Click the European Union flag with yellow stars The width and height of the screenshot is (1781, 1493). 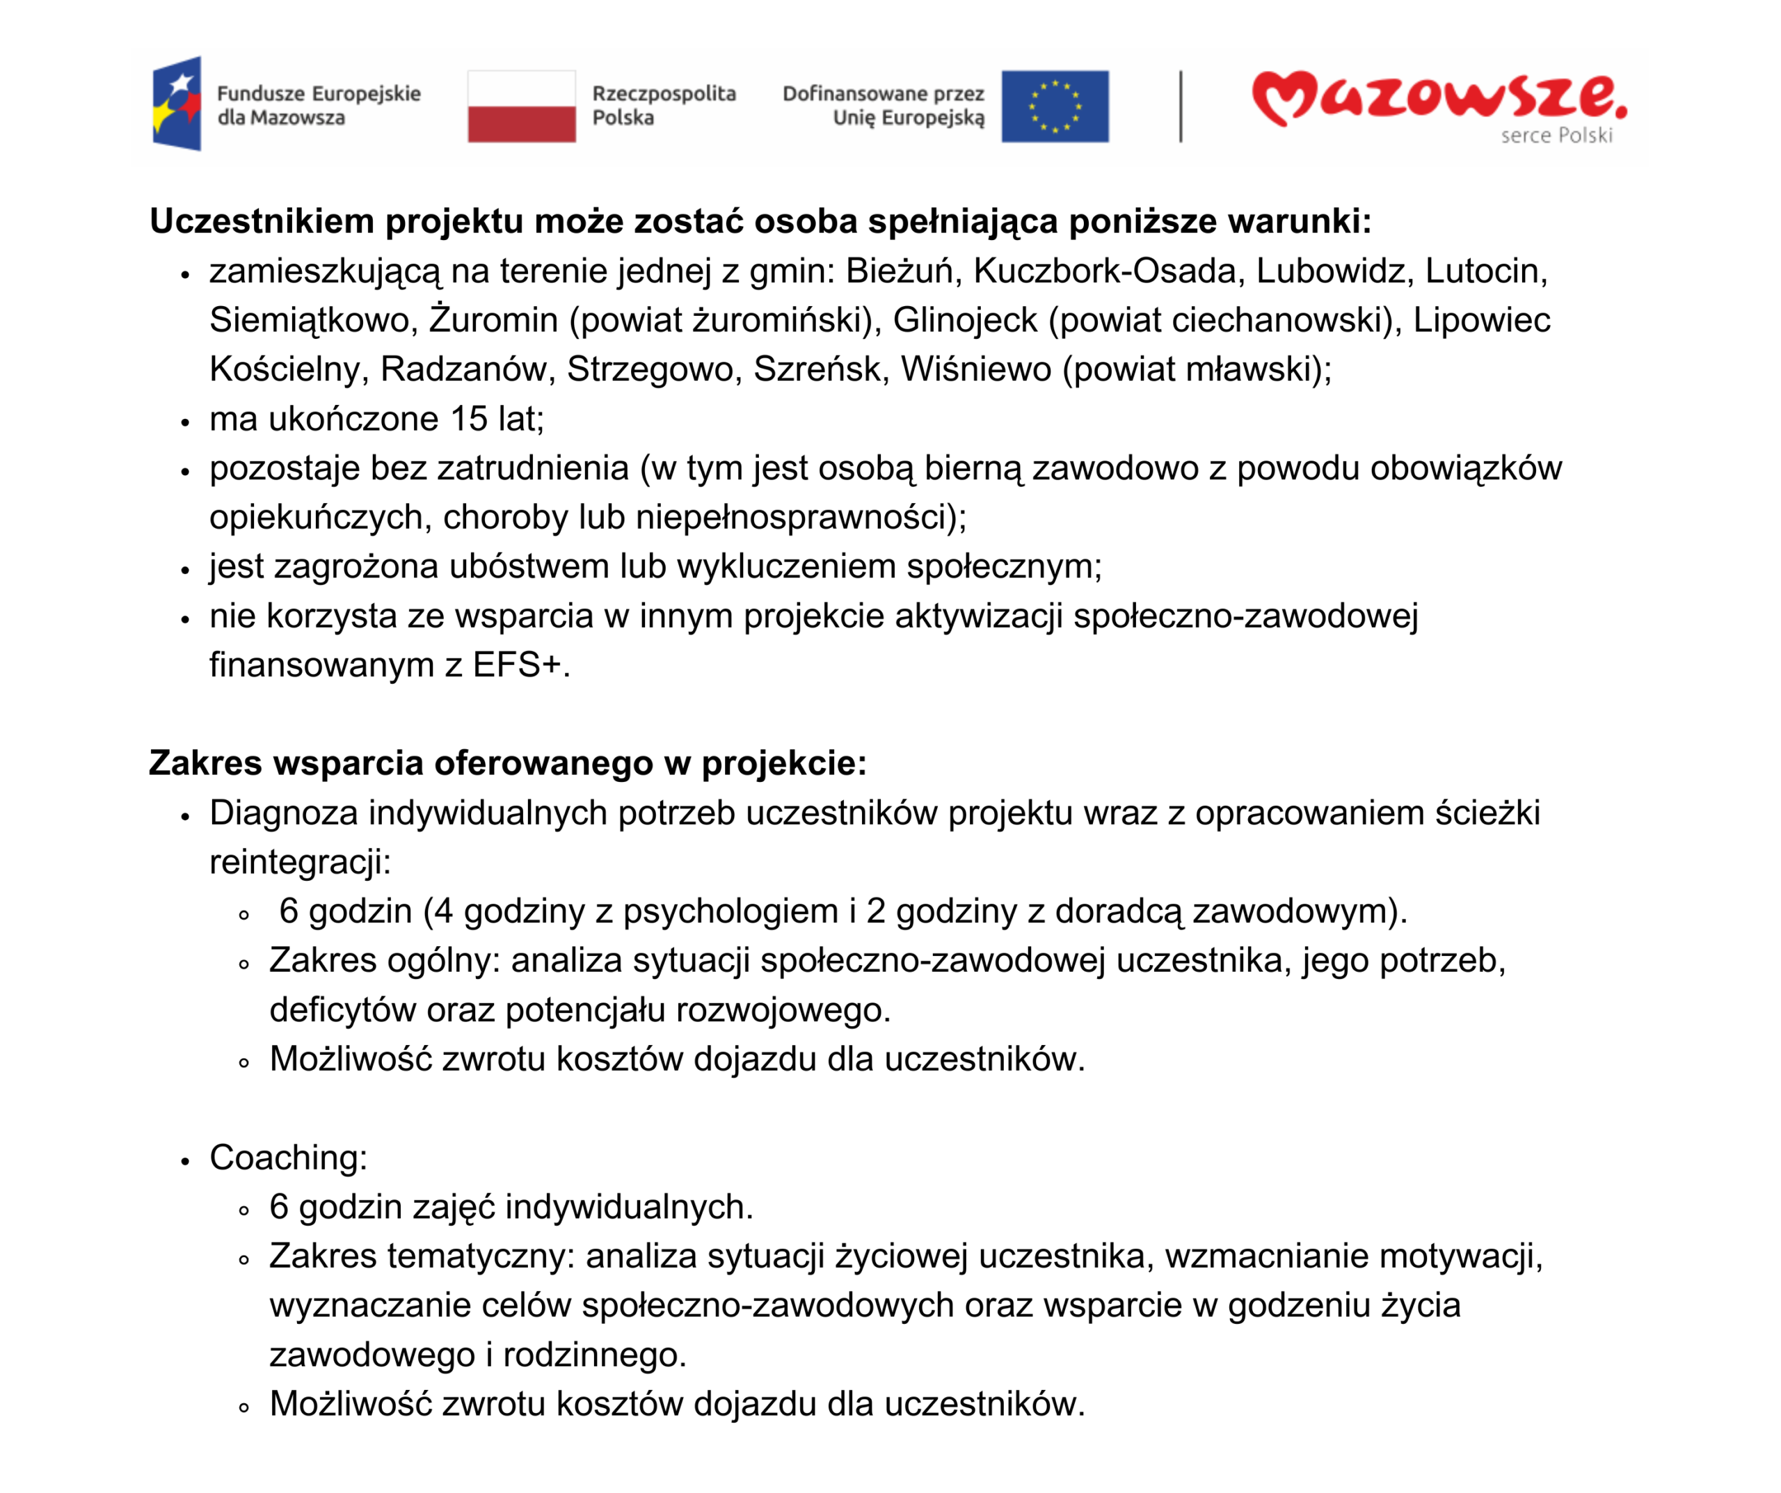pos(1054,106)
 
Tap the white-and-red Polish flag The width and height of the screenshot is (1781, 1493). pos(522,106)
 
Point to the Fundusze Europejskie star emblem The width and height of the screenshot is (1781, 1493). pos(177,104)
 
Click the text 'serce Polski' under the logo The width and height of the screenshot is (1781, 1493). pos(1556,136)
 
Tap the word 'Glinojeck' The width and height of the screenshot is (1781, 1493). pos(964,321)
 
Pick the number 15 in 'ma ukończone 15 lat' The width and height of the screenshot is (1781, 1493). pos(469,419)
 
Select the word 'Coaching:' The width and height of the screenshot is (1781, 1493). pos(288,1158)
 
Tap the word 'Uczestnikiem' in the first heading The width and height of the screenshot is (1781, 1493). pos(262,221)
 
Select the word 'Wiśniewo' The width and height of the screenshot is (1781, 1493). pos(975,370)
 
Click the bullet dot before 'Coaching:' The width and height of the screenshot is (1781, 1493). pos(185,1162)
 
